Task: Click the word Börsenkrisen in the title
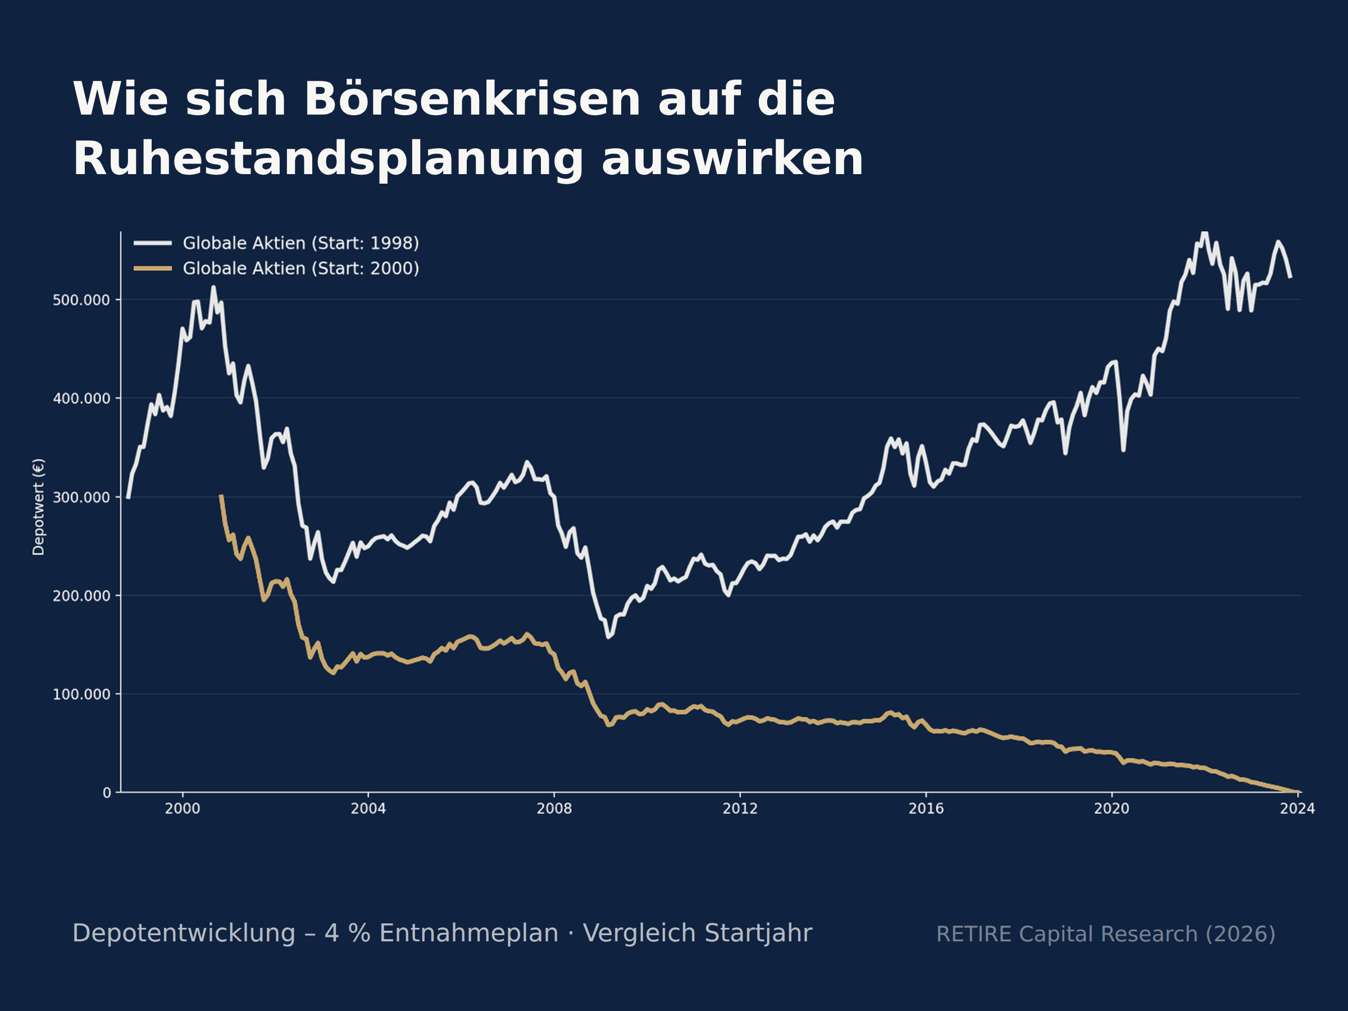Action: point(472,99)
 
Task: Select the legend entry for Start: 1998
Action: point(277,243)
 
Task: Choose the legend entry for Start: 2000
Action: point(277,268)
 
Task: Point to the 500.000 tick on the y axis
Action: point(81,300)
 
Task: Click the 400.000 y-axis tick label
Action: point(81,399)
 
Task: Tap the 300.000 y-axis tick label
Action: point(81,497)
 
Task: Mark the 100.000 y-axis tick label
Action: point(81,694)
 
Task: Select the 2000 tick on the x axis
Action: point(182,809)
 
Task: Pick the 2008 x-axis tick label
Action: point(554,809)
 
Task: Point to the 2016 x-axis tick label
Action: point(926,809)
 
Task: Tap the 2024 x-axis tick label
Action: point(1297,809)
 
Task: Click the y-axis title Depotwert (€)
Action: point(38,507)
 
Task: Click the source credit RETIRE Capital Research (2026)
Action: point(1105,934)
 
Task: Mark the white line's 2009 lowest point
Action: point(608,637)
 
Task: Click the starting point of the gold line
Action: point(221,495)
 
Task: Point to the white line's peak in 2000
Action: point(213,286)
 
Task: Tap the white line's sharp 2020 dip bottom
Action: point(1123,450)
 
